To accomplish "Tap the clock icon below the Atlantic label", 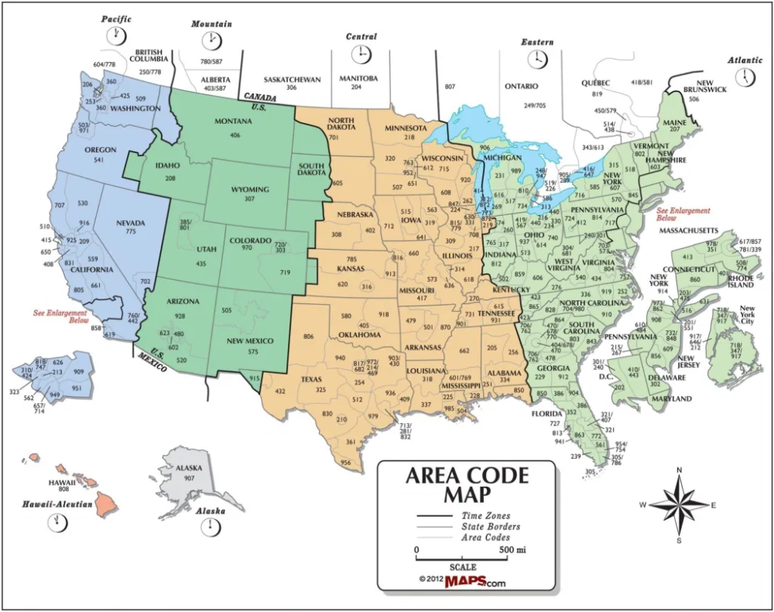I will click(746, 77).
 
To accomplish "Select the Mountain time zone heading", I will click(211, 24).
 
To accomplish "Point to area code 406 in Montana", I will click(235, 135).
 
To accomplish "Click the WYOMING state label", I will click(250, 190).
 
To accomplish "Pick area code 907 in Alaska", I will click(189, 478).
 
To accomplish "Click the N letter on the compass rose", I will click(679, 470).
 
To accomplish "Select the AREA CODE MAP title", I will click(466, 484).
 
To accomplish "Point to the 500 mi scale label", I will click(511, 550).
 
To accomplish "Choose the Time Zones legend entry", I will click(485, 515).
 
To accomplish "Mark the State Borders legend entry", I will click(490, 526).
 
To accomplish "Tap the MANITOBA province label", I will click(358, 79).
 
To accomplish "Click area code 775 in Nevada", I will click(131, 232).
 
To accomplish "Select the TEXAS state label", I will click(311, 379).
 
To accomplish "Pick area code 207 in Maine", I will click(674, 130).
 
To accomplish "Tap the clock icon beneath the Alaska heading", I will click(208, 527).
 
